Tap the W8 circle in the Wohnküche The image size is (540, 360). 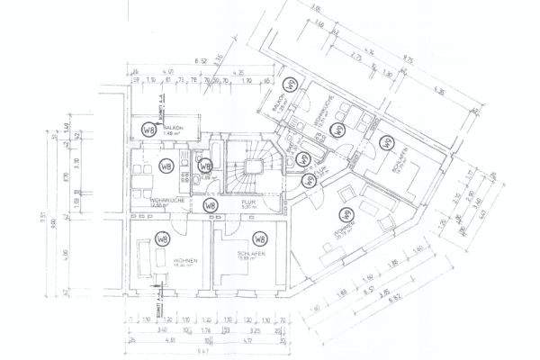166,166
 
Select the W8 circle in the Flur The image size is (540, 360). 210,205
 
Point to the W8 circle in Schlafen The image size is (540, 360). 259,239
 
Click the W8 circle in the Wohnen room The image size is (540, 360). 162,239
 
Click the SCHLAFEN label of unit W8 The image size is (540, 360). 249,256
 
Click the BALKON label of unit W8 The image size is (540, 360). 174,129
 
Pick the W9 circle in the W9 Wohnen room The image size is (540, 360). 344,215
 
